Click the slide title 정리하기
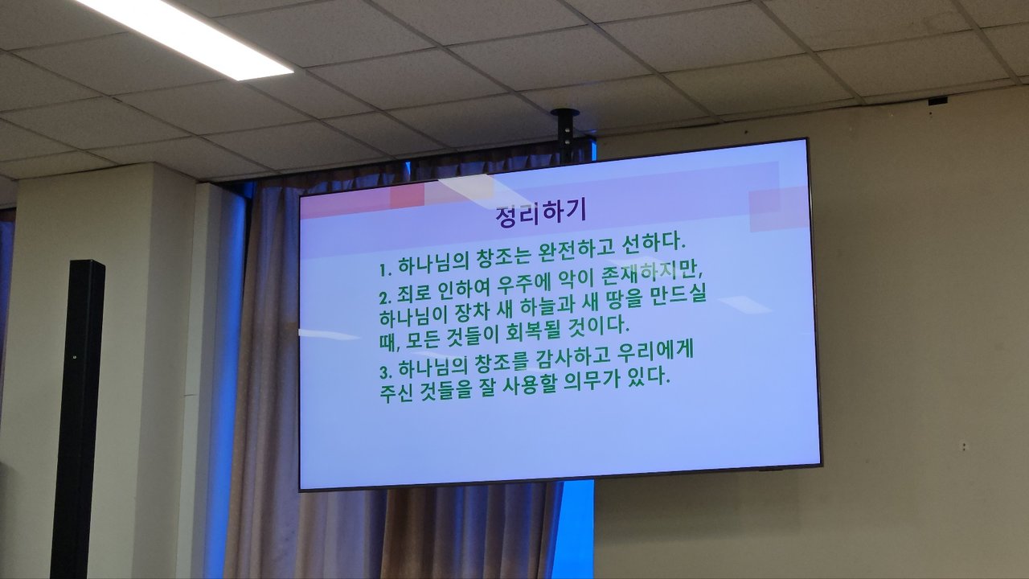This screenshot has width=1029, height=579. tap(541, 215)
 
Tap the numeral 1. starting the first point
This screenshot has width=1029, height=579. tap(385, 269)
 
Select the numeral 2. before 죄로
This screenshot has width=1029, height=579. tap(385, 298)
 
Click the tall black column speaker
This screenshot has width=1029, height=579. tap(78, 418)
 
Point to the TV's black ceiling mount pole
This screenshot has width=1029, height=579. tap(565, 134)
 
